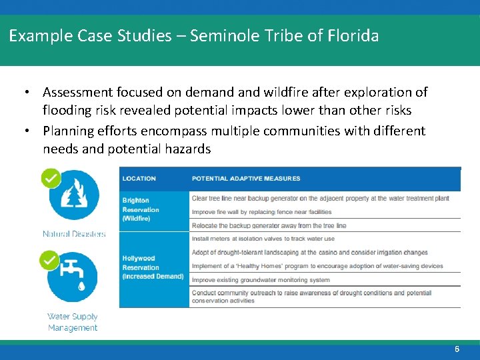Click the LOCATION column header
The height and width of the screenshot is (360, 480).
139,179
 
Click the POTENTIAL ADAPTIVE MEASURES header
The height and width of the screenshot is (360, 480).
245,179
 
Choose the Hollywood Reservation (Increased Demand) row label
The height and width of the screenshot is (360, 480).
153,267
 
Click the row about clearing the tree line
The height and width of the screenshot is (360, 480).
320,198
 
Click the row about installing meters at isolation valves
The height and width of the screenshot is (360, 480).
263,239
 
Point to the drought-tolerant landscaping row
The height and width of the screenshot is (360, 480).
309,253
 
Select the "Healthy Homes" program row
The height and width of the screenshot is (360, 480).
317,266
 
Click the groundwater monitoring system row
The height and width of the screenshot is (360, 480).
261,280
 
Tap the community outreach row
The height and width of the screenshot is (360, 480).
311,297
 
